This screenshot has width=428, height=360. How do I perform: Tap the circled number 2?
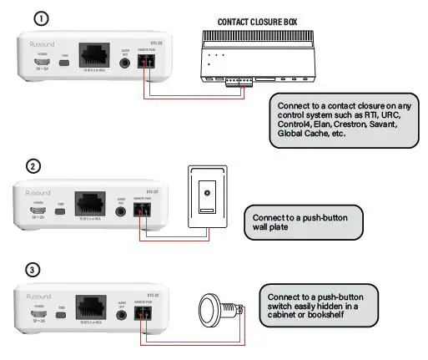pyautogui.click(x=33, y=166)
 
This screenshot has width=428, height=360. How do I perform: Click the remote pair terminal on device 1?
pyautogui.click(x=149, y=62)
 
